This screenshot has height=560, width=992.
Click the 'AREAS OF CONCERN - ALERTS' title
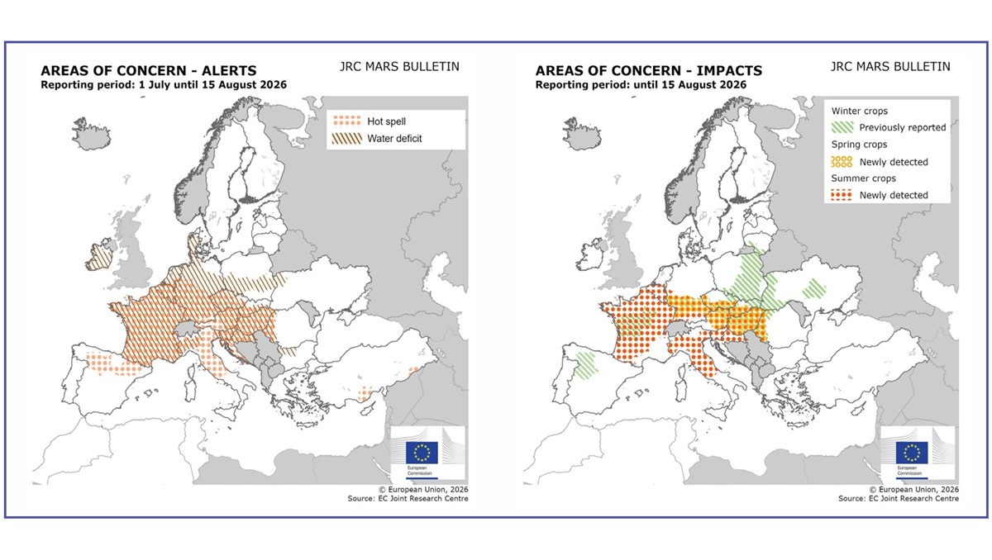[x=149, y=71]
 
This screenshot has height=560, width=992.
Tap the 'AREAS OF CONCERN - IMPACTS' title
[x=649, y=71]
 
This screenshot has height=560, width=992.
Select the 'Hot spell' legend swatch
[x=346, y=121]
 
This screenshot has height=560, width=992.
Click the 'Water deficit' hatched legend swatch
[x=346, y=139]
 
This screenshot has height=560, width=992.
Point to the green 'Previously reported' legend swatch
[x=842, y=127]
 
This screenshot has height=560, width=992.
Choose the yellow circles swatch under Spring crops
[x=842, y=162]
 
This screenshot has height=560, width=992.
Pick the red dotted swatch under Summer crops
[x=842, y=195]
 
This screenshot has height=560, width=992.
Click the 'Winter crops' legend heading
[x=859, y=111]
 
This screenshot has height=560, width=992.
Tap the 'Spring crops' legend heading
[x=859, y=145]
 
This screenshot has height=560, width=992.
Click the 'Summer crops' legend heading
[x=863, y=178]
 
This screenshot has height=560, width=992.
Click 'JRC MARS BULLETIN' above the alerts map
[x=399, y=67]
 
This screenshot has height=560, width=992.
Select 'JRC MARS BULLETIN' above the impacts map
[x=890, y=67]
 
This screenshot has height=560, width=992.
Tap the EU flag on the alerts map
[x=422, y=453]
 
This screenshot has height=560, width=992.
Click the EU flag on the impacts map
[x=911, y=453]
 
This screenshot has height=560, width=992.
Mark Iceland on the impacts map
[x=581, y=134]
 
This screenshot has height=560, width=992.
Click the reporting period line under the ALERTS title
[x=164, y=85]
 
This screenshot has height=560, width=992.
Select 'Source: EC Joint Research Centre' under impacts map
[x=899, y=499]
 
